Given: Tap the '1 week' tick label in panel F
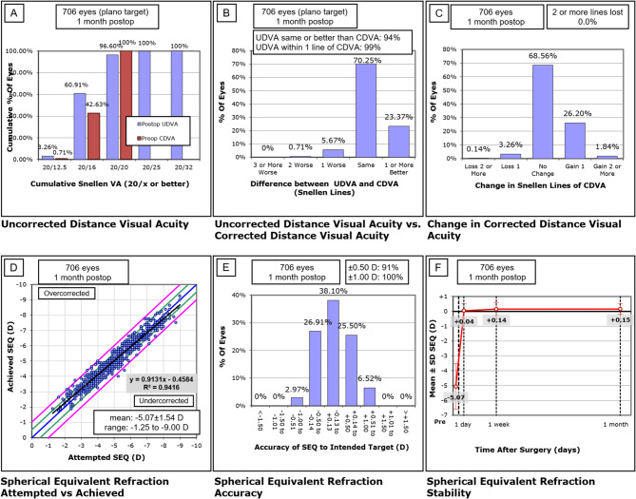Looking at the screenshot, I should click(x=497, y=452).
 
